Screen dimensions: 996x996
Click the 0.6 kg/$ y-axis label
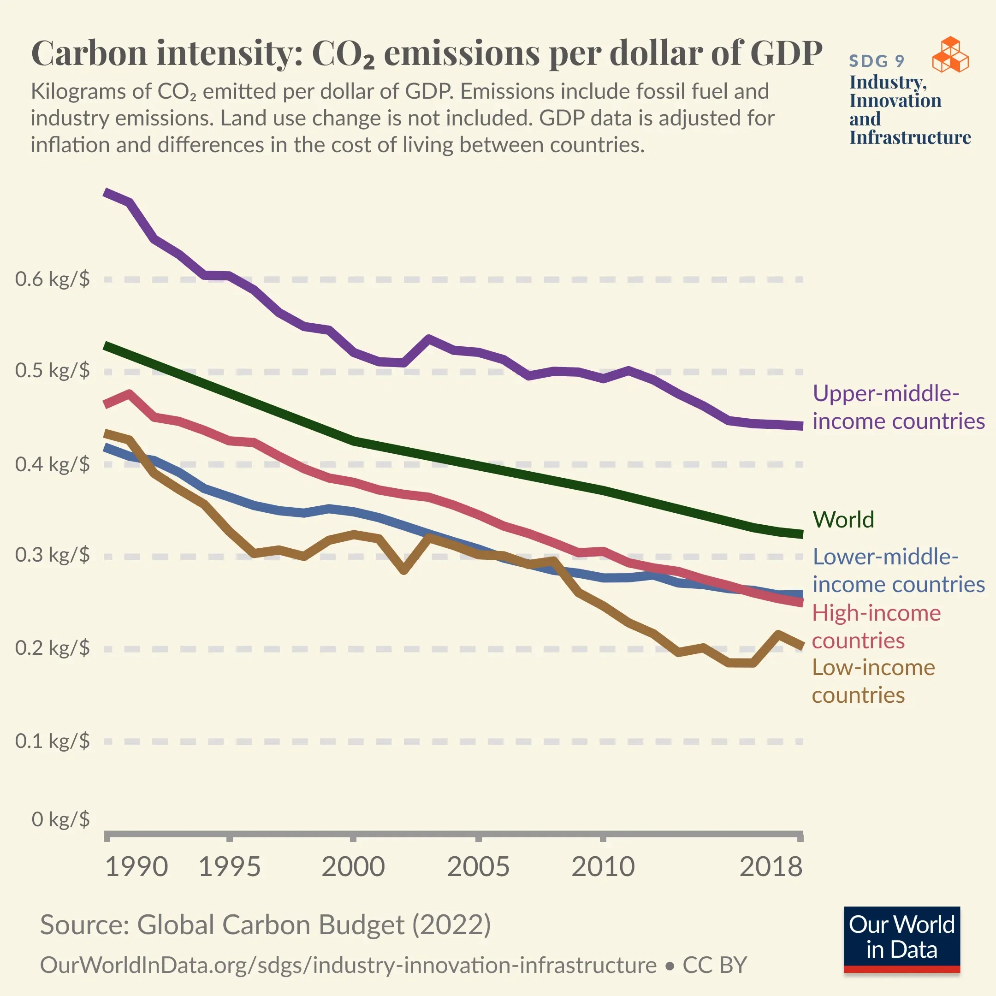pyautogui.click(x=52, y=279)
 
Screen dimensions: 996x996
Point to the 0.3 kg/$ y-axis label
pyautogui.click(x=52, y=555)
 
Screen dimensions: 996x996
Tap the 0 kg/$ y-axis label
pyautogui.click(x=60, y=818)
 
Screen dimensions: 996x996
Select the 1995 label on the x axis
pyautogui.click(x=230, y=866)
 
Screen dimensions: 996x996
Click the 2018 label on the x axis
pyautogui.click(x=771, y=866)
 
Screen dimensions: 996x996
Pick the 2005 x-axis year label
pyautogui.click(x=478, y=866)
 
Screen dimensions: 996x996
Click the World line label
pyautogui.click(x=843, y=519)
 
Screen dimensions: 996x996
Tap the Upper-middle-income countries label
pyautogui.click(x=898, y=407)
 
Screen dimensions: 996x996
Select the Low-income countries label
pyautogui.click(x=873, y=681)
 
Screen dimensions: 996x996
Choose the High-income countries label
pyautogui.click(x=877, y=626)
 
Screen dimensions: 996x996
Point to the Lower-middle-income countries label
pyautogui.click(x=898, y=570)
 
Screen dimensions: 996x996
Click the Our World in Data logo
pyautogui.click(x=901, y=939)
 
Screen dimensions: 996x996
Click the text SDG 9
pyautogui.click(x=877, y=61)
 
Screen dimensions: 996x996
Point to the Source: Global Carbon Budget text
pyautogui.click(x=265, y=925)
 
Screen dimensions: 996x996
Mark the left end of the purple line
pyautogui.click(x=106, y=192)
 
